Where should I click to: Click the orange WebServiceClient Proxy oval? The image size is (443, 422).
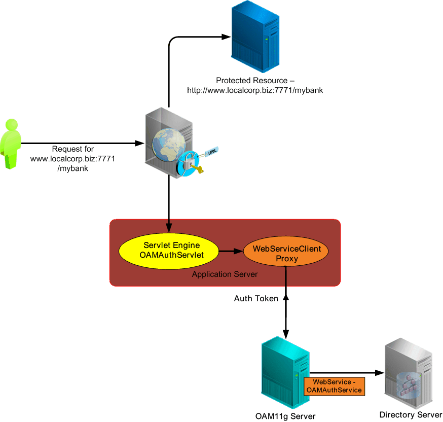coord(283,253)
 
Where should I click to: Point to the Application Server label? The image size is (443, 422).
coord(225,274)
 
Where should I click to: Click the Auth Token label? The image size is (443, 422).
coord(256,299)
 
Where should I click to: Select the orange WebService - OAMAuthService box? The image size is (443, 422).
coord(334,386)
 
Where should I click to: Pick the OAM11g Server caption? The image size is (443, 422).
coord(285,416)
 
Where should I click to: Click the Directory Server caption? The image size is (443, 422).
coord(411,415)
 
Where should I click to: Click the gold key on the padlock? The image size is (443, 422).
coord(199,171)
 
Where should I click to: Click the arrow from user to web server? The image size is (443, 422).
coord(81,144)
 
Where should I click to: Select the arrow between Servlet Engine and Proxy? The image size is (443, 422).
coord(230,251)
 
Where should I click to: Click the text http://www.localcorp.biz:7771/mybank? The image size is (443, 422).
coord(255,90)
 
